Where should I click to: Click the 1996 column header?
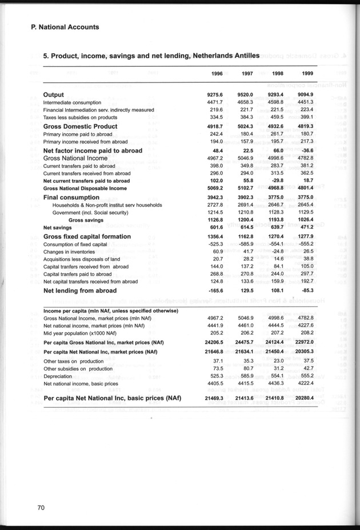click(215, 74)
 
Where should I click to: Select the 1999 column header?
click(307, 74)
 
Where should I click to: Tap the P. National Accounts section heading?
click(66, 27)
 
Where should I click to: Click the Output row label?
click(54, 94)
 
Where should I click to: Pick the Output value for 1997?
click(246, 95)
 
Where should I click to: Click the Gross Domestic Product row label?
click(81, 126)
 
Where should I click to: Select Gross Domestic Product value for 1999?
click(307, 127)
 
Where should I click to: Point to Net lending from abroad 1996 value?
click(214, 291)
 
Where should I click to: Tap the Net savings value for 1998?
click(277, 227)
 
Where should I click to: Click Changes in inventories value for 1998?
click(278, 251)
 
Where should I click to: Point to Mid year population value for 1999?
click(307, 332)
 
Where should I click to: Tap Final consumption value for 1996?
click(214, 198)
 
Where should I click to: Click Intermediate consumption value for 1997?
click(246, 102)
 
